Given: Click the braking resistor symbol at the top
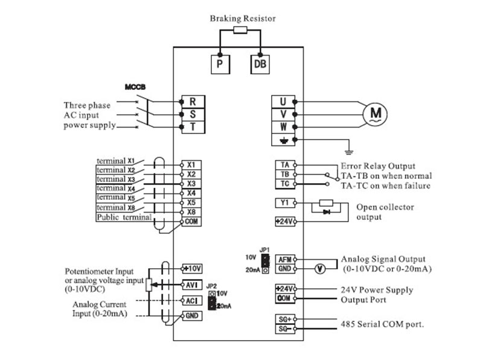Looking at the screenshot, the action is [240, 30].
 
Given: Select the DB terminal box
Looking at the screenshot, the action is [260, 64].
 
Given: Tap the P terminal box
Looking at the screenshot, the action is [220, 64].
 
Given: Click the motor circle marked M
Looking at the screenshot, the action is [375, 114].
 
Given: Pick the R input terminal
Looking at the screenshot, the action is [193, 101].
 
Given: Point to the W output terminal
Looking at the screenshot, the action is [283, 127].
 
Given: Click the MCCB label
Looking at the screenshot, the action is [135, 87].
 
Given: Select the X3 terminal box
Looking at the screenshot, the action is [191, 184].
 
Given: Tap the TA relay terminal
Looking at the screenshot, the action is [285, 165].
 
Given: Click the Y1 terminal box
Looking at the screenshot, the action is [285, 203].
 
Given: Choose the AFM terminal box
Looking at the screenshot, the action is [285, 260].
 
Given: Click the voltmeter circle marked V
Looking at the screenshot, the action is [320, 269].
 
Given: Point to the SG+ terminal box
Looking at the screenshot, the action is [285, 320].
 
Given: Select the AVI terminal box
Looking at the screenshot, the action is [192, 284].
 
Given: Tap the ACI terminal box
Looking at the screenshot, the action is [192, 301].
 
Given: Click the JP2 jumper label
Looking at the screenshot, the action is [211, 286].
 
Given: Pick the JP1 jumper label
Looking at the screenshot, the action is [264, 249].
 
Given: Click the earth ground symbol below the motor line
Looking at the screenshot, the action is [349, 152].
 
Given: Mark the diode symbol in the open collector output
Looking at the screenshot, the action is [326, 212].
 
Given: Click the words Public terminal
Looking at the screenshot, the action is [124, 217].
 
